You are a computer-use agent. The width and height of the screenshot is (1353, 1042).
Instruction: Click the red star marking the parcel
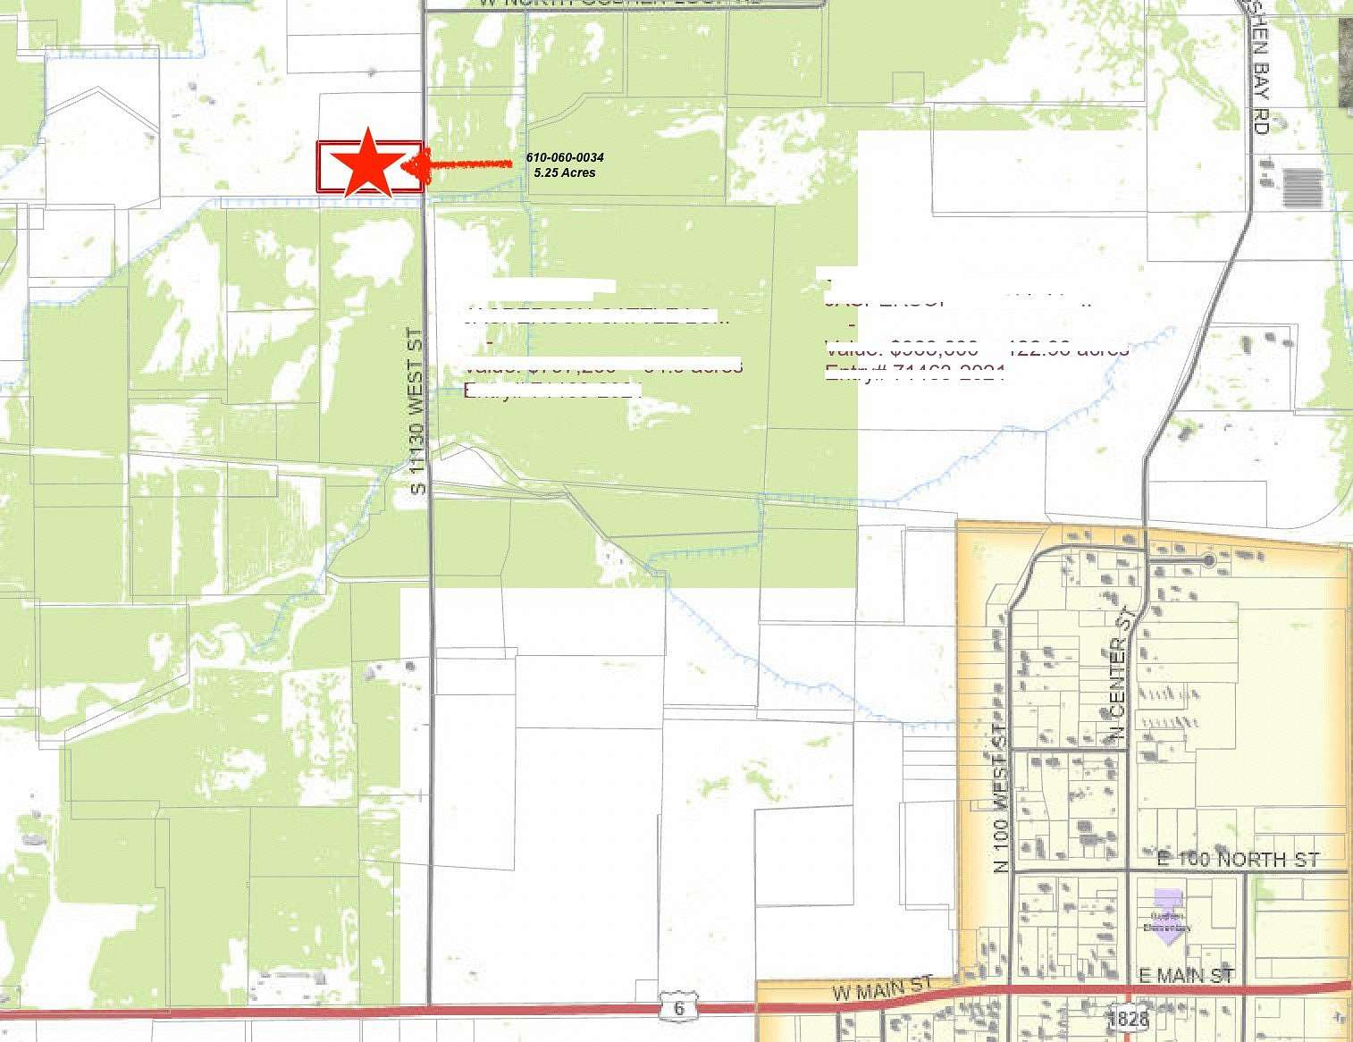pyautogui.click(x=367, y=164)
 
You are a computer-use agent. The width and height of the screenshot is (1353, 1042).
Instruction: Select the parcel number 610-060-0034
pyautogui.click(x=565, y=158)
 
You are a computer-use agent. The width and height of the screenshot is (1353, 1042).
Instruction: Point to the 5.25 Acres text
pyautogui.click(x=564, y=172)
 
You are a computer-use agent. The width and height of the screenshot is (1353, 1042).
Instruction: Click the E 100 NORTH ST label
pyautogui.click(x=1238, y=861)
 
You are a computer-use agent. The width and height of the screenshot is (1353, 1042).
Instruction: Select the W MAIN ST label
pyautogui.click(x=881, y=989)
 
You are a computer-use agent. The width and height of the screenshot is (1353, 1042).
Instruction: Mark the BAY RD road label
pyautogui.click(x=1260, y=89)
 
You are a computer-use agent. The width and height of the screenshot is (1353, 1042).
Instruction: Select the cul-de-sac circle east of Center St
pyautogui.click(x=1208, y=560)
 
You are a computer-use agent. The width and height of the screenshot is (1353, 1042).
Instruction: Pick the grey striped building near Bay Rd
pyautogui.click(x=1302, y=188)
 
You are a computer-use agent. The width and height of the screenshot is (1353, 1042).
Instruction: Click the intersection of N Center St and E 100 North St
pyautogui.click(x=1126, y=870)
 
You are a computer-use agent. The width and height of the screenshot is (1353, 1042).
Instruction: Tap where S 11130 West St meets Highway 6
pyautogui.click(x=429, y=1008)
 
